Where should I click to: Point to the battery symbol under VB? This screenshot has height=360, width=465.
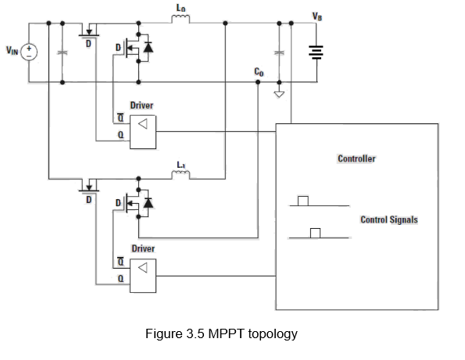pos(316,52)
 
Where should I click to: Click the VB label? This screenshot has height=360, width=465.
pos(316,16)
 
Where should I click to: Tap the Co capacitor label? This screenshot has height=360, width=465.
pos(259,71)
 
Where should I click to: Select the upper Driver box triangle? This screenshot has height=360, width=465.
pos(143,125)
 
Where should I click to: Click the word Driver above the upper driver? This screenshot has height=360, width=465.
pos(142,105)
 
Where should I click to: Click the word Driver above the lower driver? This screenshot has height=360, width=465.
pos(142,248)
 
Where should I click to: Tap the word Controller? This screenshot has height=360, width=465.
pos(356,159)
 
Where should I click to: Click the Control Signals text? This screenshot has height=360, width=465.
pos(388,219)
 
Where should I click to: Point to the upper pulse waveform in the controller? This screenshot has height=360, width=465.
pos(303,201)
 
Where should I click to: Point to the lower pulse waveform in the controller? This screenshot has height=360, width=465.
pos(316,233)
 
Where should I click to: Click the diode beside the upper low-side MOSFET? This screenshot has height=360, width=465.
pos(148,48)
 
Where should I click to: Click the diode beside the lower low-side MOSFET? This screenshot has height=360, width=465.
pos(148,202)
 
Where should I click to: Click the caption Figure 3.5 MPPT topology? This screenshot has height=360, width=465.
pos(222,334)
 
